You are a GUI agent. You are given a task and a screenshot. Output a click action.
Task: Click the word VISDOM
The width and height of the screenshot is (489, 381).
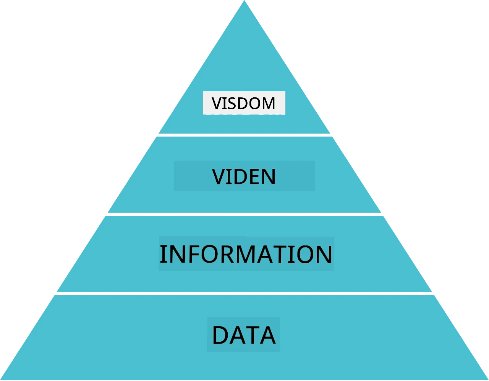[x=243, y=103]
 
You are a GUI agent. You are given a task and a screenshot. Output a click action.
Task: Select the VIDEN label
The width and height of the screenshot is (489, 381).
[x=244, y=176]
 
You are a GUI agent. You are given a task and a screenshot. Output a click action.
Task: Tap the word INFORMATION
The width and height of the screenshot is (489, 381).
[x=246, y=254]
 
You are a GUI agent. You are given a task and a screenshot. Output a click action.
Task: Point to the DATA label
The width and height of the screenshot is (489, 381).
[x=244, y=335]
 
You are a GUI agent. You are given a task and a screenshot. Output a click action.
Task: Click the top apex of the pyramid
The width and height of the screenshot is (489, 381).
[x=244, y=0]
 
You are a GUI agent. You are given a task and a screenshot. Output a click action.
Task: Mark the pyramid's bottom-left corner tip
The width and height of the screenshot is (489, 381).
[x=1, y=379]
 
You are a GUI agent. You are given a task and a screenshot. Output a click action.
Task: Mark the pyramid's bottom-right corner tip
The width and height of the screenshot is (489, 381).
[x=488, y=379]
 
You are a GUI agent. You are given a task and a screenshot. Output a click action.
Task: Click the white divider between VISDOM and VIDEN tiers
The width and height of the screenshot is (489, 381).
[x=244, y=135]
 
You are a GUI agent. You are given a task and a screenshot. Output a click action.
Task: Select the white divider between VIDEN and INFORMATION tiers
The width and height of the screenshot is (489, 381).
[x=244, y=214]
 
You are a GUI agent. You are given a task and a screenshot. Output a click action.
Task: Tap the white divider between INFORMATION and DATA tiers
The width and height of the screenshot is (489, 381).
[x=244, y=294]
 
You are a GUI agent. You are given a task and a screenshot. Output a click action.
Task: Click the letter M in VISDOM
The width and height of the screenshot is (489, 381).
[x=269, y=103]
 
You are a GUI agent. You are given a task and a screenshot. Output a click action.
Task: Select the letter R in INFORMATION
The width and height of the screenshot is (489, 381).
[x=228, y=254]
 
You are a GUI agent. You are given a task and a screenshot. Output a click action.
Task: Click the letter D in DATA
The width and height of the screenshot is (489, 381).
[x=220, y=335]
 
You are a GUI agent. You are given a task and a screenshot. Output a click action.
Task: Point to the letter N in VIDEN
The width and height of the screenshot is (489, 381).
[x=269, y=177]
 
